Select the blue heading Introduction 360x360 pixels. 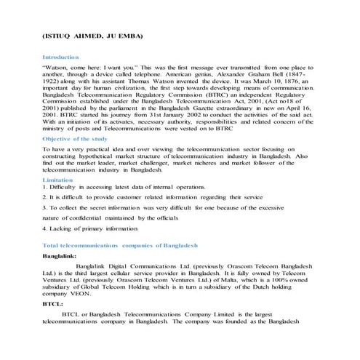pyautogui.click(x=60, y=57)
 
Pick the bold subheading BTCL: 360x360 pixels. pyautogui.click(x=52, y=304)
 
